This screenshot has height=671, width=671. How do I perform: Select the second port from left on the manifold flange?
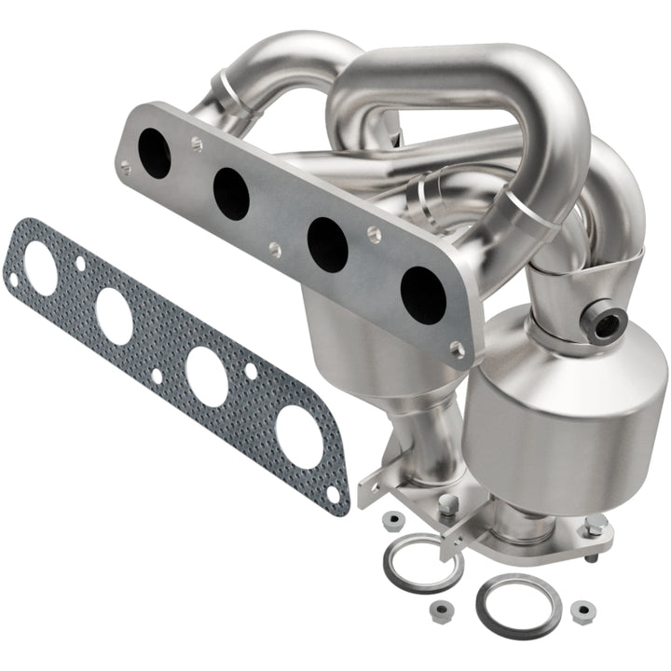click(230, 194)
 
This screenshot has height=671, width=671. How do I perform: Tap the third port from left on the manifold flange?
click(327, 244)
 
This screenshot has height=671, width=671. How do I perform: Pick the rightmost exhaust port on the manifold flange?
click(422, 294)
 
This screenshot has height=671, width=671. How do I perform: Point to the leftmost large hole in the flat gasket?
click(40, 268)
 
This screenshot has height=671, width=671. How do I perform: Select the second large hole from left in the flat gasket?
click(114, 315)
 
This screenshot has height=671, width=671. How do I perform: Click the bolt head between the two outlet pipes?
click(448, 506)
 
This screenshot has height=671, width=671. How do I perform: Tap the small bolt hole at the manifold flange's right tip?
click(456, 349)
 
